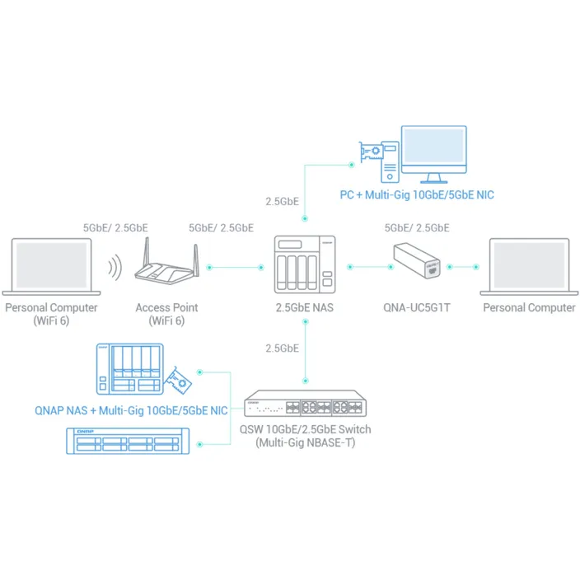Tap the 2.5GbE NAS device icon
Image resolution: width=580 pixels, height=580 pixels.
(x=305, y=264)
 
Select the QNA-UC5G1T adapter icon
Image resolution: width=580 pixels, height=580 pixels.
(x=417, y=260)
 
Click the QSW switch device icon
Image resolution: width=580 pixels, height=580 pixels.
(x=305, y=403)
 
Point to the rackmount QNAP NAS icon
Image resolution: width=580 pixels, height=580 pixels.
(x=128, y=441)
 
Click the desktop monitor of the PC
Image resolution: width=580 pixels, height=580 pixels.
(x=434, y=154)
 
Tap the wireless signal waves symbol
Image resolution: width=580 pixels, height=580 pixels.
(x=115, y=267)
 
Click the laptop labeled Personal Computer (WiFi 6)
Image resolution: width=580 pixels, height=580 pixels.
(x=51, y=267)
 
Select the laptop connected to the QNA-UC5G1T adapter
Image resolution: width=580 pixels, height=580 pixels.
(x=529, y=267)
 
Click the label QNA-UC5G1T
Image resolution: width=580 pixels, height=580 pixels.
(x=417, y=308)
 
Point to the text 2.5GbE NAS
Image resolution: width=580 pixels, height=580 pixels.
(x=305, y=308)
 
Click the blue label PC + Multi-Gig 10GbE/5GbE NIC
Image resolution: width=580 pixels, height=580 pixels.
(x=417, y=195)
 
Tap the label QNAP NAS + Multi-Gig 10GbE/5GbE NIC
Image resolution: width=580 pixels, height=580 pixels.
(x=131, y=410)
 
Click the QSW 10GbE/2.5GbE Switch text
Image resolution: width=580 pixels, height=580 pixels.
(x=305, y=429)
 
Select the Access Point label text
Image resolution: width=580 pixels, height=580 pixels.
(x=166, y=308)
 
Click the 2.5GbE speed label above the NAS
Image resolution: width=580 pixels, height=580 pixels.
(x=282, y=202)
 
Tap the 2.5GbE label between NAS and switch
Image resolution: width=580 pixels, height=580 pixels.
(x=282, y=348)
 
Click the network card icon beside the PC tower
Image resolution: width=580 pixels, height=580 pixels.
(x=371, y=152)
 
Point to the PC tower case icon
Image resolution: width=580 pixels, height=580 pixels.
(x=390, y=162)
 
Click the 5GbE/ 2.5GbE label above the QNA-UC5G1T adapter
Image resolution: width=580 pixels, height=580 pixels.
(x=417, y=228)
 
